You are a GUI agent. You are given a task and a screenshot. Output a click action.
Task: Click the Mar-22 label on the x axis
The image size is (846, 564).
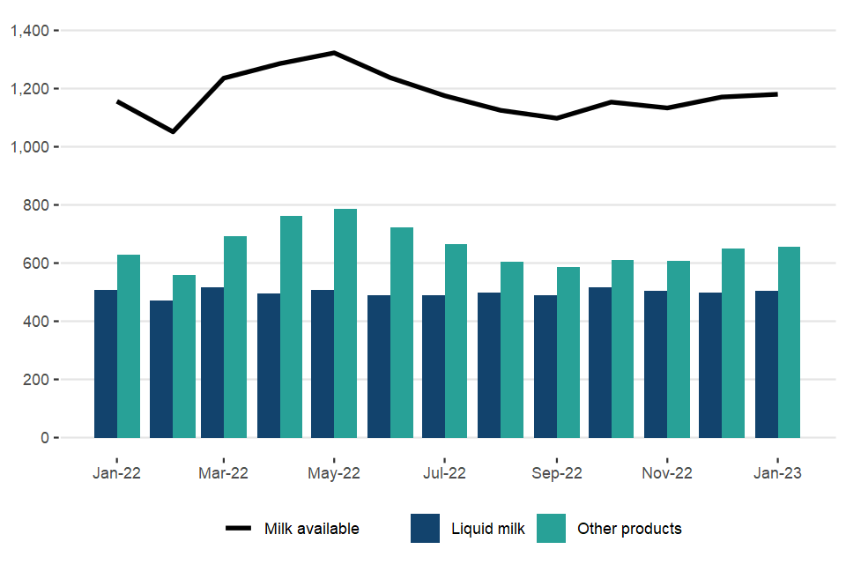point(224,473)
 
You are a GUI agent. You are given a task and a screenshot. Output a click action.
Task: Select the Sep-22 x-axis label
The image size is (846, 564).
point(556,473)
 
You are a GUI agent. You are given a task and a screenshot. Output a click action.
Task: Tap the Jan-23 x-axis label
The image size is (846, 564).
point(777,473)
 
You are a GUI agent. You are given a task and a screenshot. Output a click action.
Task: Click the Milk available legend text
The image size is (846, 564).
point(312,529)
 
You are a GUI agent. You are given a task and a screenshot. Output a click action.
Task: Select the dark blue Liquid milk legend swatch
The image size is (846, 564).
point(425,529)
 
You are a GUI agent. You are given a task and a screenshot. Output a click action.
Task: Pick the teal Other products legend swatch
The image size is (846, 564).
point(551,529)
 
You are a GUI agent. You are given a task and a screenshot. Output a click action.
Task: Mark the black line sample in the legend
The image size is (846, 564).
point(239,529)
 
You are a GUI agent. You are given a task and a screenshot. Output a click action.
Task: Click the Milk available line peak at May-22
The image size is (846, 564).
point(334,53)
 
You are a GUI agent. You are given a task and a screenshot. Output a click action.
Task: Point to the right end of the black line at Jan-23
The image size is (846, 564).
point(776,93)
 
